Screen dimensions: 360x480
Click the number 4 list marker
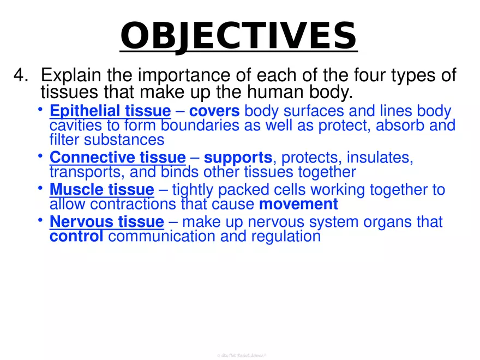tap(22, 75)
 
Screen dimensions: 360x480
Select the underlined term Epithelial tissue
tap(110, 112)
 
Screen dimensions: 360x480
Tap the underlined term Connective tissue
tap(118, 158)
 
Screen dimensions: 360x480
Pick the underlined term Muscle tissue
tap(102, 190)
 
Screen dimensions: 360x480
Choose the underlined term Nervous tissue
tap(107, 223)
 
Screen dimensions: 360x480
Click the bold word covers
tap(222, 112)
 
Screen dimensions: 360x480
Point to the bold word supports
tap(238, 158)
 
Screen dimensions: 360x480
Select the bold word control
tap(76, 237)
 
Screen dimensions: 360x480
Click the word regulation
tap(286, 237)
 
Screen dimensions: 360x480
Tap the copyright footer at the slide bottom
tap(241, 355)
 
